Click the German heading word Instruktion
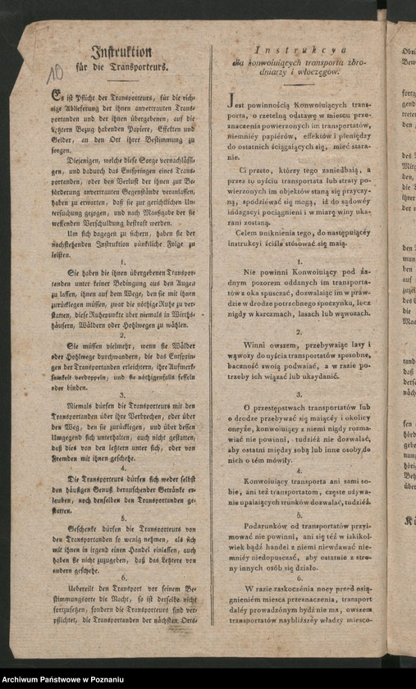click(x=121, y=50)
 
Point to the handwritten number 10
click(x=56, y=76)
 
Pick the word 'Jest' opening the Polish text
click(x=237, y=106)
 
